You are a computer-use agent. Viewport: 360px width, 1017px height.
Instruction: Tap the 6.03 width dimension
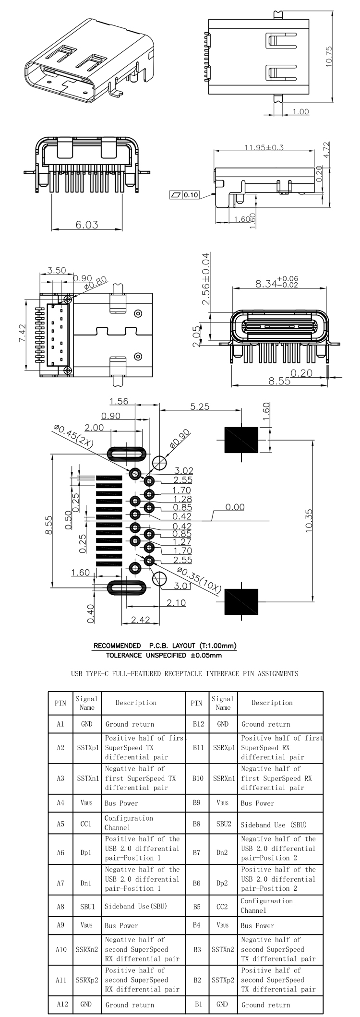pos(87,225)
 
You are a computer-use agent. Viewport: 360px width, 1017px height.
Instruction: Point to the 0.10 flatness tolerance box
pos(184,195)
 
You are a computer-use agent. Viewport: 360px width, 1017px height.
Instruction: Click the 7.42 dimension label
pos(22,334)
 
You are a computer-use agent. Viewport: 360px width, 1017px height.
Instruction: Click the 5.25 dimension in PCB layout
pos(200,407)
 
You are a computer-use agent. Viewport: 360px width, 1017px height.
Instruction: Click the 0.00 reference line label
pos(235,507)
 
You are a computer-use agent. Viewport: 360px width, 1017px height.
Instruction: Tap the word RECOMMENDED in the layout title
pos(117,646)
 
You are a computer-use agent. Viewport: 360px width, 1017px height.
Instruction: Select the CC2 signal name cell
pos(223,907)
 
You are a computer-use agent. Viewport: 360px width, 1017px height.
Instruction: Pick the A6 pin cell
pos(60,852)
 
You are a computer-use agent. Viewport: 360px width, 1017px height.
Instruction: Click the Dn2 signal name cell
pos(223,852)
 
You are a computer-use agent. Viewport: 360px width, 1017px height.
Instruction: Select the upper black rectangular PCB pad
pos(241,440)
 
